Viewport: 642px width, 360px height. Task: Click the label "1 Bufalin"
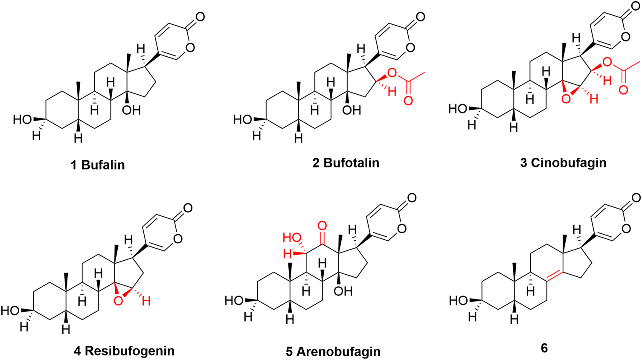click(x=98, y=165)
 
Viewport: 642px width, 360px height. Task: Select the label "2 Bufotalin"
click(x=346, y=163)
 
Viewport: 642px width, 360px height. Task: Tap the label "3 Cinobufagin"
click(x=563, y=163)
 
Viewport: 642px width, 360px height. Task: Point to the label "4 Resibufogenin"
click(x=124, y=351)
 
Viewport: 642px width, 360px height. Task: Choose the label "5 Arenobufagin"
click(x=333, y=352)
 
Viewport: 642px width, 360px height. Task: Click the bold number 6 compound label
click(x=544, y=348)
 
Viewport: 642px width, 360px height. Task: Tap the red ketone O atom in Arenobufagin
click(x=322, y=225)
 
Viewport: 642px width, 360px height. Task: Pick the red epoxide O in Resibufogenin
click(x=118, y=302)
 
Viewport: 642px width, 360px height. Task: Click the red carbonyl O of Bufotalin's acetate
click(x=408, y=101)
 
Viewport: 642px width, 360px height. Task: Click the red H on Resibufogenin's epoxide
click(x=146, y=302)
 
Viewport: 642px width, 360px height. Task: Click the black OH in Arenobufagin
click(x=343, y=291)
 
